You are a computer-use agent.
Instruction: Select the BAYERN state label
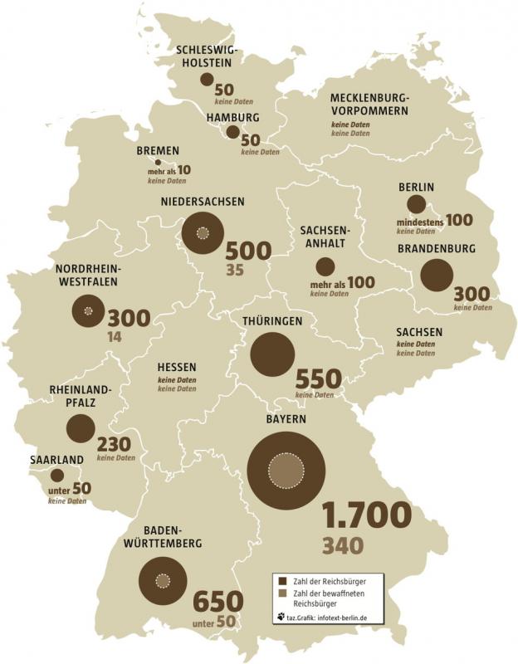tap(286, 420)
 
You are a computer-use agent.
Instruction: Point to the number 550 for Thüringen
tap(318, 379)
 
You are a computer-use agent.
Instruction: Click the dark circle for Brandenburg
tap(437, 276)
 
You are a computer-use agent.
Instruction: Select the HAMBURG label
tap(233, 118)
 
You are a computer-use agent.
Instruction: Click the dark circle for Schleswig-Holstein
tap(207, 79)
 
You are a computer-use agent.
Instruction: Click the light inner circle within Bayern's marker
tap(286, 471)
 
